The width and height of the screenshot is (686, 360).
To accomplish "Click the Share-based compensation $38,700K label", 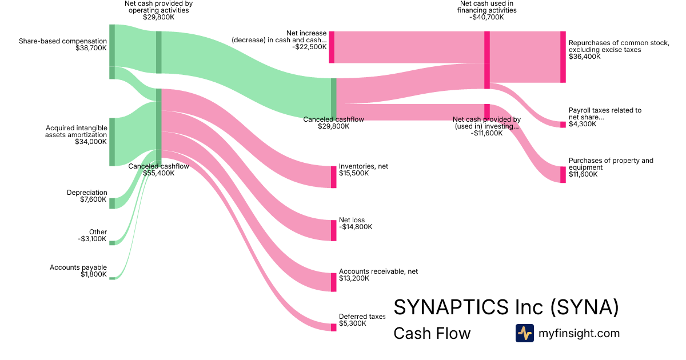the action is (x=63, y=45).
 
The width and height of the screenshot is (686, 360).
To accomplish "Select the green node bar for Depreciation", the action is (x=112, y=203).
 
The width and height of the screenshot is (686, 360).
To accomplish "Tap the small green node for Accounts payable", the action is (x=112, y=278).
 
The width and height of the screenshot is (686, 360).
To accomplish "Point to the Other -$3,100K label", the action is (x=92, y=235).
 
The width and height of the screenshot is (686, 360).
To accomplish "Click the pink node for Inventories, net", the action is (x=333, y=177).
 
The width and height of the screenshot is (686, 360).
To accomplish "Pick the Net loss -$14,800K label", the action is (x=356, y=223).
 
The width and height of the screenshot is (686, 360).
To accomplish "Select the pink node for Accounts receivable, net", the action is (x=333, y=282).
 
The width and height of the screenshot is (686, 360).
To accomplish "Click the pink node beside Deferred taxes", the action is (x=333, y=327).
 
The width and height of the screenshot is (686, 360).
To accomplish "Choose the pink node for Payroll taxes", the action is (x=563, y=125).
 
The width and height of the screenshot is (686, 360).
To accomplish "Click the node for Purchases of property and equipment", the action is (x=563, y=174).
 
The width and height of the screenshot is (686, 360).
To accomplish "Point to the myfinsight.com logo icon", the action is (x=525, y=333).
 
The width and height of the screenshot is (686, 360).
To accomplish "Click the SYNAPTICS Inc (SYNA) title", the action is (x=506, y=307).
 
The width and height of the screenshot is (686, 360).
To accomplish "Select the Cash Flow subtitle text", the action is (x=432, y=333).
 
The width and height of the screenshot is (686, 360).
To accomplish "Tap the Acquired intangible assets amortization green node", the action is (x=112, y=142).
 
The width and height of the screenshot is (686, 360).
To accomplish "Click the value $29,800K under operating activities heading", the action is (x=159, y=17).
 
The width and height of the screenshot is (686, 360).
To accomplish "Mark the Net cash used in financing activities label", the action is (x=486, y=10).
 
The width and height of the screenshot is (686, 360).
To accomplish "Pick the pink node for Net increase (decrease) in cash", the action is (x=332, y=47).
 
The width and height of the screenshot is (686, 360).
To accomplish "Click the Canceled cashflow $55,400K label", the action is (x=159, y=170).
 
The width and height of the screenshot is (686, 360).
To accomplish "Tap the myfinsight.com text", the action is (x=579, y=333).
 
